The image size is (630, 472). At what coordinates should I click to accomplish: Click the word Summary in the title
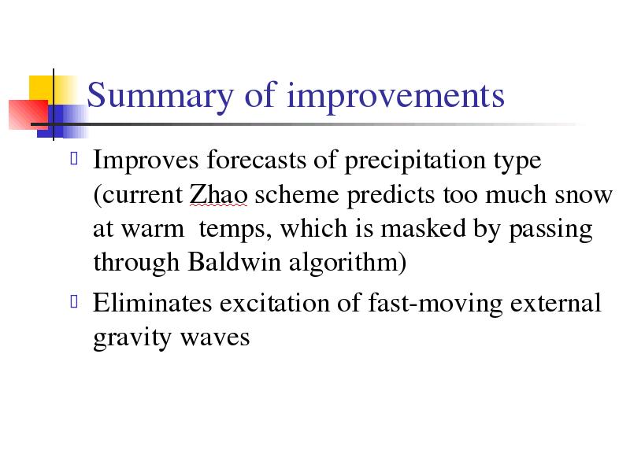tap(160, 96)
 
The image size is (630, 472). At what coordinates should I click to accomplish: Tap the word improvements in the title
tap(395, 96)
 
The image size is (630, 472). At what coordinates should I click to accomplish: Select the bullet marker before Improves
tap(74, 158)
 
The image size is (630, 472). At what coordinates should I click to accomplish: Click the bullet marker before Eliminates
tap(74, 301)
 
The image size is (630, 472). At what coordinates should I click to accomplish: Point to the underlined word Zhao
tap(218, 194)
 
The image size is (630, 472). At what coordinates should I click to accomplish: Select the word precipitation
tap(415, 161)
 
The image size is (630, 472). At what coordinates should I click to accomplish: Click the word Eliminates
tap(152, 303)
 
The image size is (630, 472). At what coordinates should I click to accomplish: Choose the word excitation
tap(274, 304)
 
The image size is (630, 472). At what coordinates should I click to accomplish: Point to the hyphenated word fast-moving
tap(435, 304)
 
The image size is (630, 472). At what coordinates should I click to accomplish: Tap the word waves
tap(214, 338)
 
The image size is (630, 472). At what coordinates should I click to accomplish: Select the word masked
tap(423, 228)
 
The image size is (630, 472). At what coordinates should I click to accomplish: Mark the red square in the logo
tap(28, 115)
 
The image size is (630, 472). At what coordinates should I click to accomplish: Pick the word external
tap(556, 303)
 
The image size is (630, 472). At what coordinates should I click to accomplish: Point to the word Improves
tap(146, 160)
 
